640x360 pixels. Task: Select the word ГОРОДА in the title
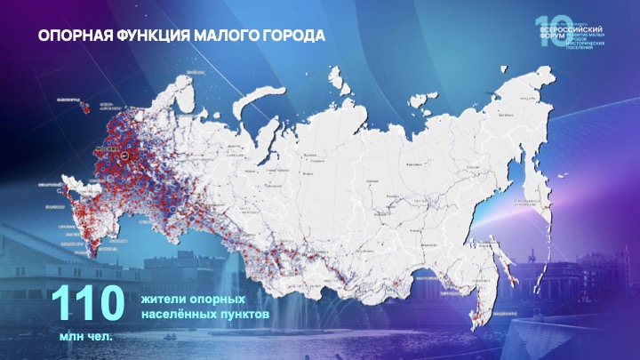coord(290,36)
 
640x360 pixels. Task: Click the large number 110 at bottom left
coord(87,304)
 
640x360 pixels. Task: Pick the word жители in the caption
coord(164,299)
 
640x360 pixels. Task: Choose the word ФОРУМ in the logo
coord(552,36)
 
